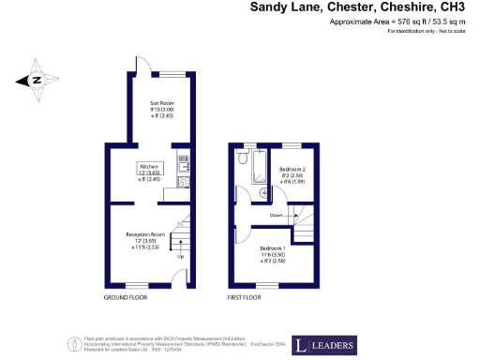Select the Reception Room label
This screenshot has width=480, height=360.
[145, 234]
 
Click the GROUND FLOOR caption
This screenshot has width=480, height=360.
[126, 297]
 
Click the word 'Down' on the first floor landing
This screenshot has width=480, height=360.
[276, 215]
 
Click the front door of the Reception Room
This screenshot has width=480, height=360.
[178, 278]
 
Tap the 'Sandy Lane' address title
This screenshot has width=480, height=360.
[288, 7]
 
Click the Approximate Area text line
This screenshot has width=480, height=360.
[393, 22]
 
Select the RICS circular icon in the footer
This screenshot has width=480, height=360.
[68, 343]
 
